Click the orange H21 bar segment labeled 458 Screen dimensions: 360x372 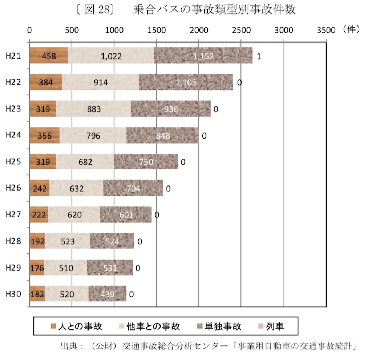click(49, 56)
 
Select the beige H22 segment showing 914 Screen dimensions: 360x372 click(101, 83)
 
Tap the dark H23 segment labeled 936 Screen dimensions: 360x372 click(171, 109)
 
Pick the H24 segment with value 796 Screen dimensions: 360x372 click(93, 135)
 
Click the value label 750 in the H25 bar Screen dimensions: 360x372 click(146, 162)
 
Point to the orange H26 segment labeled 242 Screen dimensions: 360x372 click(40, 188)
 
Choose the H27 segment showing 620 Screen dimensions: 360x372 click(74, 215)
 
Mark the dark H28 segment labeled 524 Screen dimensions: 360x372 click(112, 241)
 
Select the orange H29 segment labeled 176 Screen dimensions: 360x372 click(37, 268)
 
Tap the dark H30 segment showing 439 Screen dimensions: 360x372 click(108, 294)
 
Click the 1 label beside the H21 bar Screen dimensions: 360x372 click(259, 56)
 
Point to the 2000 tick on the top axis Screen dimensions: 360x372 click(199, 31)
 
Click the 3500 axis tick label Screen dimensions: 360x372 click(326, 31)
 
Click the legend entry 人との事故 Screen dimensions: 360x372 click(76, 326)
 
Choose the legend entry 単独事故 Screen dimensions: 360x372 click(218, 326)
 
